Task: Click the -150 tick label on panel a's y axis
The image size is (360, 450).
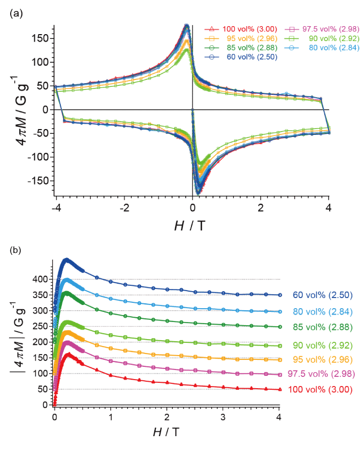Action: (x=42, y=180)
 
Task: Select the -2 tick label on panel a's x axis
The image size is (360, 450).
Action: (x=123, y=207)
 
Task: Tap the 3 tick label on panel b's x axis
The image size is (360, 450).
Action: (x=223, y=416)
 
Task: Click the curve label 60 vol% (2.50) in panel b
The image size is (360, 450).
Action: (x=322, y=295)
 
